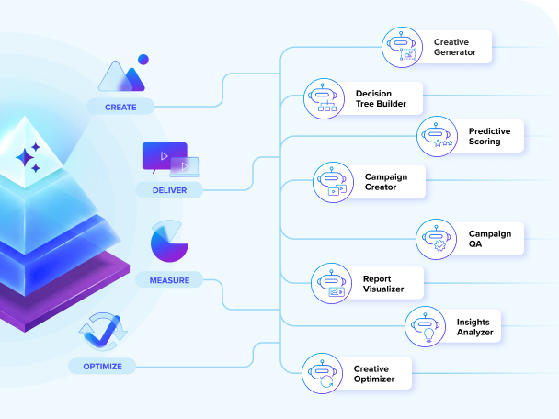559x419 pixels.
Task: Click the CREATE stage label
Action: point(120,107)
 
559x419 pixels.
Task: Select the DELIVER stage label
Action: point(169,190)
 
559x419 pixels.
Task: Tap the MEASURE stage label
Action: point(169,278)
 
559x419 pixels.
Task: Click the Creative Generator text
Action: point(455,47)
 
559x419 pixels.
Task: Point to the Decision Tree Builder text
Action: point(381,98)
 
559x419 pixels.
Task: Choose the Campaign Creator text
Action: point(385,181)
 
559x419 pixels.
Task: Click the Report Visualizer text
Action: point(382,283)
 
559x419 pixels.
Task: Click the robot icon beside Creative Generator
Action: point(402,48)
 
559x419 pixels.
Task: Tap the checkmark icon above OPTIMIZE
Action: point(99,332)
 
